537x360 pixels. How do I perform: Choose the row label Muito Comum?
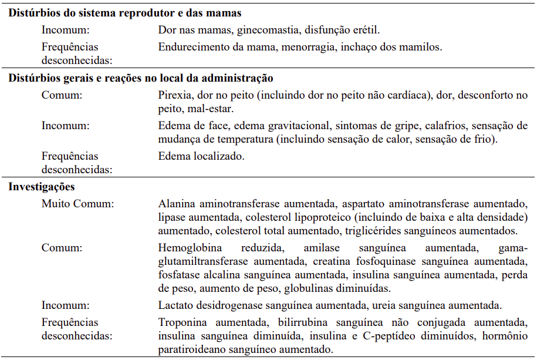point(77,204)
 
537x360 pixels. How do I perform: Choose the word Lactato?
point(175,305)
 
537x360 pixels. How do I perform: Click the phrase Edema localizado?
point(201,156)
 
